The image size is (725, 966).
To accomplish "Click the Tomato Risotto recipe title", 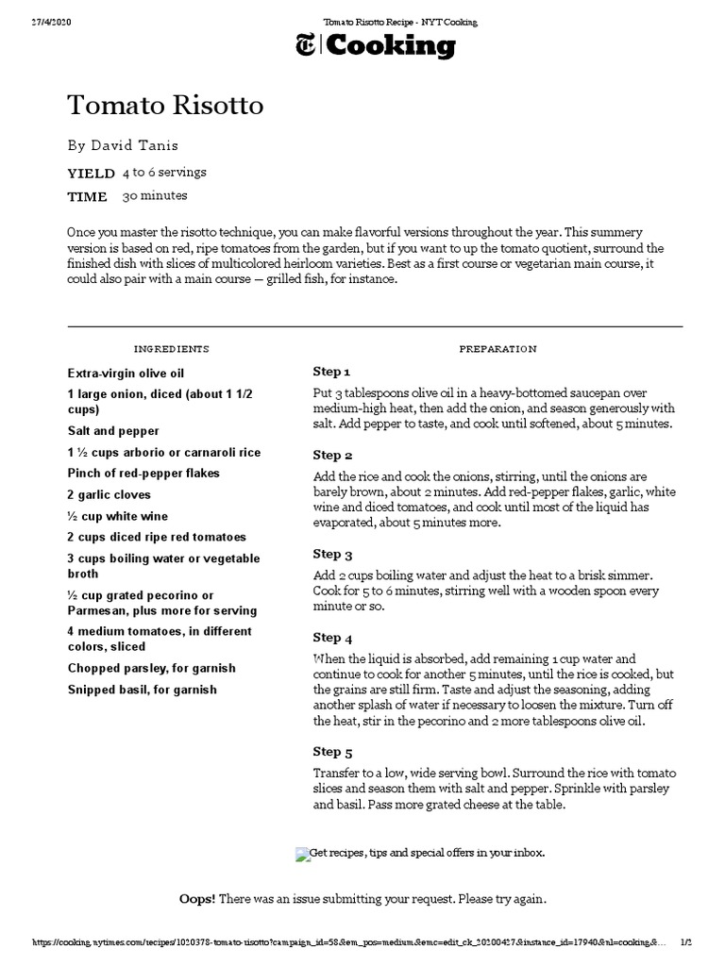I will [x=165, y=106].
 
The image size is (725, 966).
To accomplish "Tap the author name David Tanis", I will [x=134, y=145].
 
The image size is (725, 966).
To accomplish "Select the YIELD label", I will [x=91, y=174].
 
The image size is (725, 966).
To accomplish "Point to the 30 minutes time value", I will [x=155, y=196].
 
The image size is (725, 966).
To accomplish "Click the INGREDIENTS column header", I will [x=171, y=349].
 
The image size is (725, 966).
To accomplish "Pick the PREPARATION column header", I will [x=497, y=349].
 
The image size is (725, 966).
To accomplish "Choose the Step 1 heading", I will [x=332, y=372].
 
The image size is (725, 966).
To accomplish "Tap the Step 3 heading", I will [x=333, y=554].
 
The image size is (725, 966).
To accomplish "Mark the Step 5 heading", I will [x=333, y=752].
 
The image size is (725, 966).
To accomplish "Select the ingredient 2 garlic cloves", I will [x=109, y=494].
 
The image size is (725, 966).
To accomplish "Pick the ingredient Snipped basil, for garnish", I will [x=142, y=690].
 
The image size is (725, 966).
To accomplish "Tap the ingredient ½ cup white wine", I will [x=117, y=516].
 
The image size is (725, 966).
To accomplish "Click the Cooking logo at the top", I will [x=376, y=45].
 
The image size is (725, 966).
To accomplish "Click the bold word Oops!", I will [x=197, y=899].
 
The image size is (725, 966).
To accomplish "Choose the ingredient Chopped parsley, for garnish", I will [x=151, y=668].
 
